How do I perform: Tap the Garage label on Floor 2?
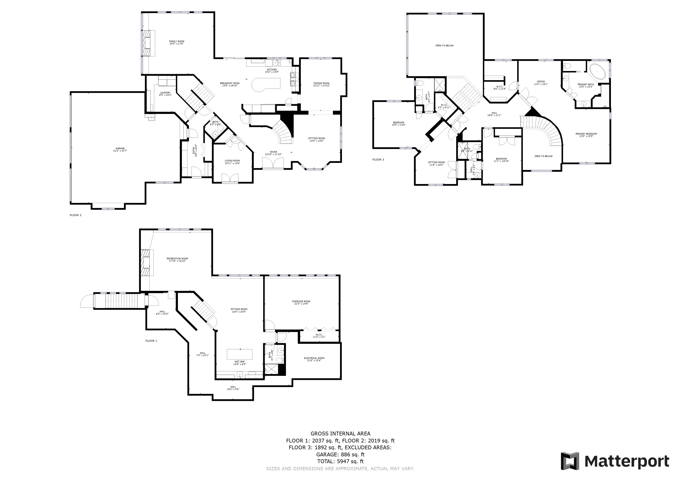click(120, 150)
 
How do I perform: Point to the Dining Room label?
click(321, 84)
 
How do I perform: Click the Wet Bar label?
click(239, 363)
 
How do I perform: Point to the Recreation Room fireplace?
click(146, 263)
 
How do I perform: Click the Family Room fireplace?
click(147, 43)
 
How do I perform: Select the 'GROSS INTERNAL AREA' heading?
click(340, 434)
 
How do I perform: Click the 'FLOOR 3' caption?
click(378, 160)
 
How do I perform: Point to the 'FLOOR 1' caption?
click(151, 341)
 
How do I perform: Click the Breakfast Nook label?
click(230, 84)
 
